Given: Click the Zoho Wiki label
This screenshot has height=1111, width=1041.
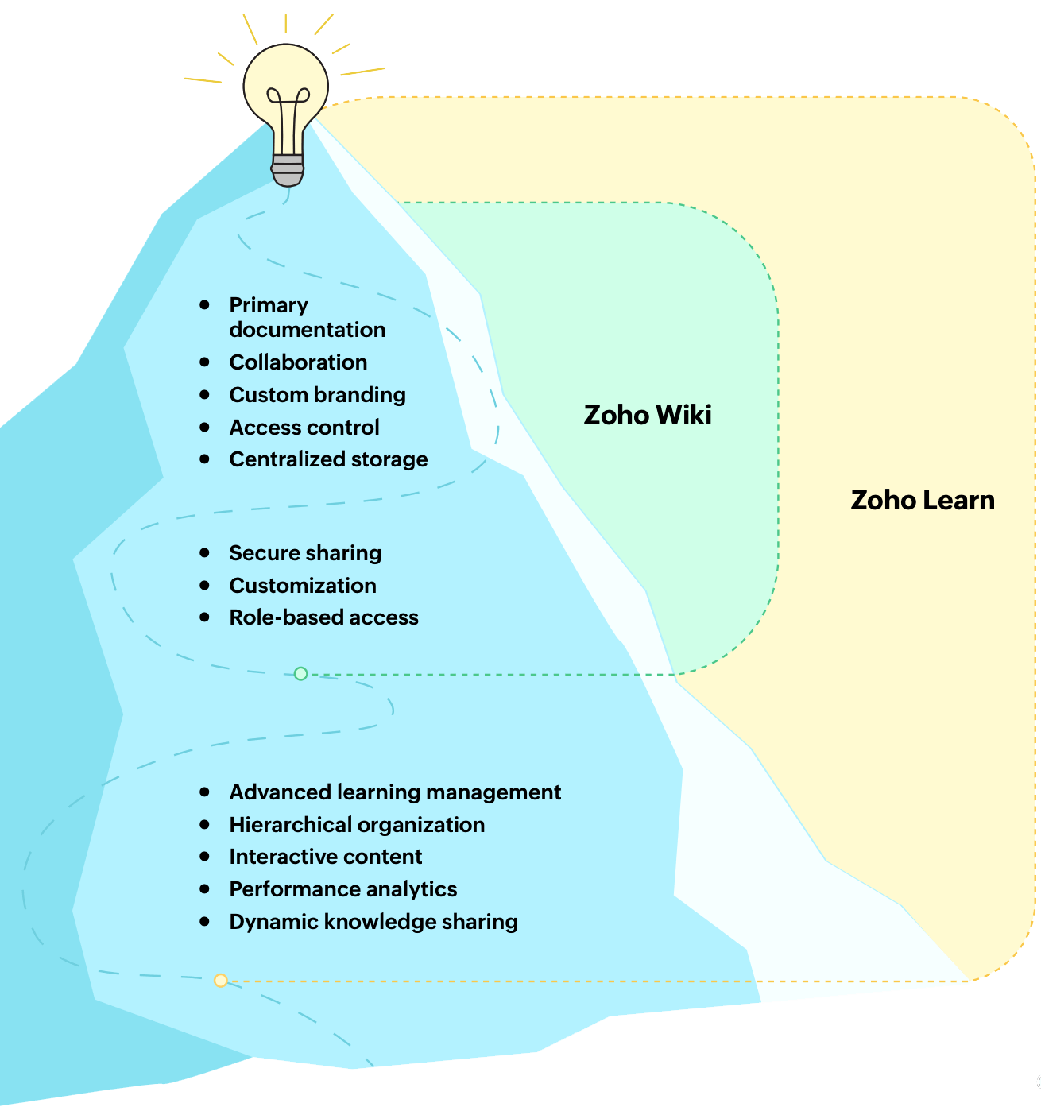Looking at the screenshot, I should pos(648,415).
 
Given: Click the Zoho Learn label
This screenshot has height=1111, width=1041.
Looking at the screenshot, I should pos(923,500).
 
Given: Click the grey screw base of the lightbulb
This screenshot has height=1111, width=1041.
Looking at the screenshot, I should pos(287,169).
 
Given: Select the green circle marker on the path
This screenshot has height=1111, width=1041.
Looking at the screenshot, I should pos(300,674).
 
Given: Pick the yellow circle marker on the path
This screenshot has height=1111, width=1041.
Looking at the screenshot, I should pos(221,981).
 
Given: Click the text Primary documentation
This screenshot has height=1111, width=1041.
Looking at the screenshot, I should pos(307,317).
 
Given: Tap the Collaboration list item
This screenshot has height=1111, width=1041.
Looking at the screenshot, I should pos(298,362).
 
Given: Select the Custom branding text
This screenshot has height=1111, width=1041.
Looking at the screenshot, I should pos(317,395).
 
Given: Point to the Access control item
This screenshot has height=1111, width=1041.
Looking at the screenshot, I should pos(304,428).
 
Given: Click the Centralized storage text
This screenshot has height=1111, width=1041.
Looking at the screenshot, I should pos(328,459).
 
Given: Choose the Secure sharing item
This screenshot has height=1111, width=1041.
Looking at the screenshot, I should pos(305,553).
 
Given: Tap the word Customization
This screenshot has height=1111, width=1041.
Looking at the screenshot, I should pos(303,586).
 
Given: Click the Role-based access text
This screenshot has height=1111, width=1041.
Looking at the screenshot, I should pos(323,617).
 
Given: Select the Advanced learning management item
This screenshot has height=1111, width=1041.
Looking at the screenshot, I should pos(395,792).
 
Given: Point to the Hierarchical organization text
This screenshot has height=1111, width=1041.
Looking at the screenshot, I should pos(357,825).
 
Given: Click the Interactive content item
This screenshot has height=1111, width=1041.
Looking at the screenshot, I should pos(326,857).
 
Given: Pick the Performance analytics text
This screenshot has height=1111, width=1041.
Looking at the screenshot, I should pos(343,889).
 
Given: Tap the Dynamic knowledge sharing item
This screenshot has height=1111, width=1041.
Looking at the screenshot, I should pos(373,922).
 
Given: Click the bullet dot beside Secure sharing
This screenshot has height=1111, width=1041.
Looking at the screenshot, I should pos(205,552).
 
